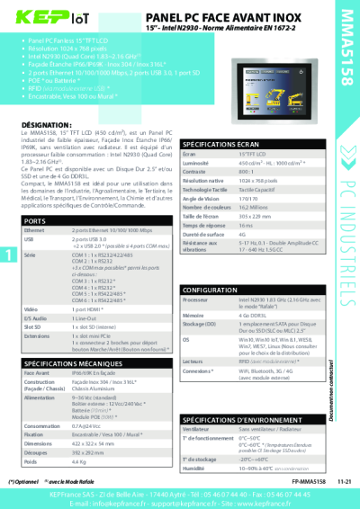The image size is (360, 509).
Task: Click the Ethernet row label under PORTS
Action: click(x=37, y=231)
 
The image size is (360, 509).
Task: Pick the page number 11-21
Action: click(x=344, y=481)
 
